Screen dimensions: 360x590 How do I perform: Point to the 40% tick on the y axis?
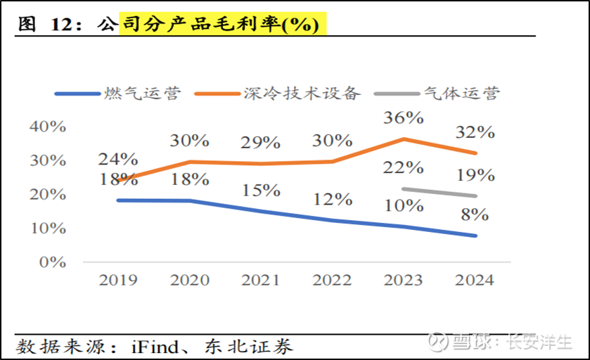coord(49,127)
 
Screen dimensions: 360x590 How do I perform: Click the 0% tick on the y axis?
coord(52,262)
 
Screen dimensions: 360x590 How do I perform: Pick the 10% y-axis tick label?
coord(49,229)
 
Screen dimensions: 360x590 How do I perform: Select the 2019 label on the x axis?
coord(117,280)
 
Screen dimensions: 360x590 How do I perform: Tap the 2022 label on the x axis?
coord(331,280)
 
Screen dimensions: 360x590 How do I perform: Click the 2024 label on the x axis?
coord(474,280)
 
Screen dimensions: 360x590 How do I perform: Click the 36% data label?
coord(403,117)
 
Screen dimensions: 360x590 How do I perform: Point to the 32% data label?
coord(475,132)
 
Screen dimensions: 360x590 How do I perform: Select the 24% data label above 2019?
coord(117,159)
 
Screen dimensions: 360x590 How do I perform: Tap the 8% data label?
coord(475,214)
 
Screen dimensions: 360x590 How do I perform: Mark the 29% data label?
coord(260,143)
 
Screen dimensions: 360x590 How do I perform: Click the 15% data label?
coord(260,190)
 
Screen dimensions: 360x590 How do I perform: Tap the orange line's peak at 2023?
coord(403,139)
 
